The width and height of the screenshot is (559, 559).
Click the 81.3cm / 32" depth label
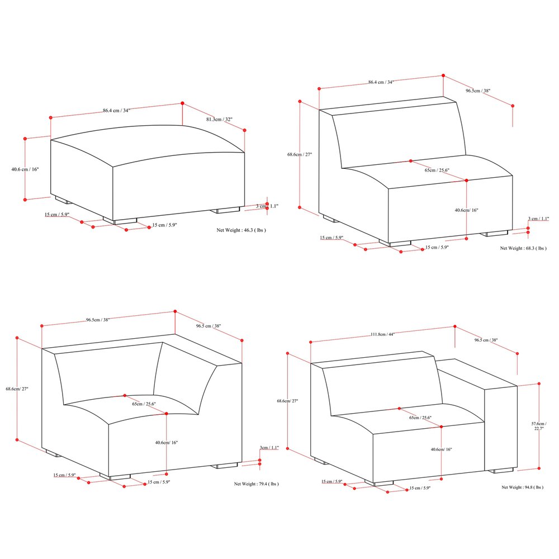click(220, 120)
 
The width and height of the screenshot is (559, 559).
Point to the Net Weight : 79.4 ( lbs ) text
click(256, 484)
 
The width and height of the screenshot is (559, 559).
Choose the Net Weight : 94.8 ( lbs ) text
click(522, 487)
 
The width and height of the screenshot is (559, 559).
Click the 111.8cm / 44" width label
click(382, 334)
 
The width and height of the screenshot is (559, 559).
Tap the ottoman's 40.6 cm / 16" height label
click(25, 169)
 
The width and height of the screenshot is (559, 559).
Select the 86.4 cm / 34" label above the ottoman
click(116, 110)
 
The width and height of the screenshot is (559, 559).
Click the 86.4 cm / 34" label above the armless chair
click(381, 82)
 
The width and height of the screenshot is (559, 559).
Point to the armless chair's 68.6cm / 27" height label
click(300, 155)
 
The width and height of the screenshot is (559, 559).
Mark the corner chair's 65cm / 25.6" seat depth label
click(144, 404)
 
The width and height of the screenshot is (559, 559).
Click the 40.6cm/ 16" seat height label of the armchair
click(441, 449)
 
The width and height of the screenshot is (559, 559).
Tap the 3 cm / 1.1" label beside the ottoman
click(267, 206)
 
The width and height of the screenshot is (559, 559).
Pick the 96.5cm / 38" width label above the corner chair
click(98, 320)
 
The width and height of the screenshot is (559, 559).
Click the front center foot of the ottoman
click(125, 221)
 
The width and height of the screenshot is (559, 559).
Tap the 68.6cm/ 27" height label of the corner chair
click(17, 389)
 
